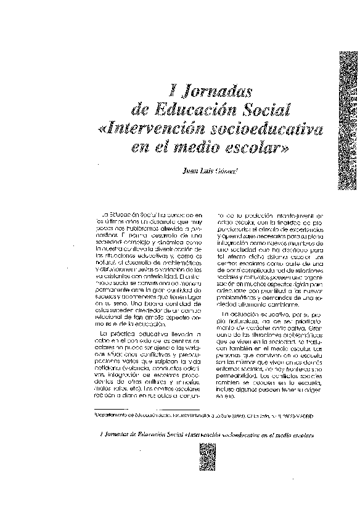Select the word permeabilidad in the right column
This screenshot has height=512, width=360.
tap(237, 374)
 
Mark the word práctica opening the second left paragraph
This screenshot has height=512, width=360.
tap(126, 334)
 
